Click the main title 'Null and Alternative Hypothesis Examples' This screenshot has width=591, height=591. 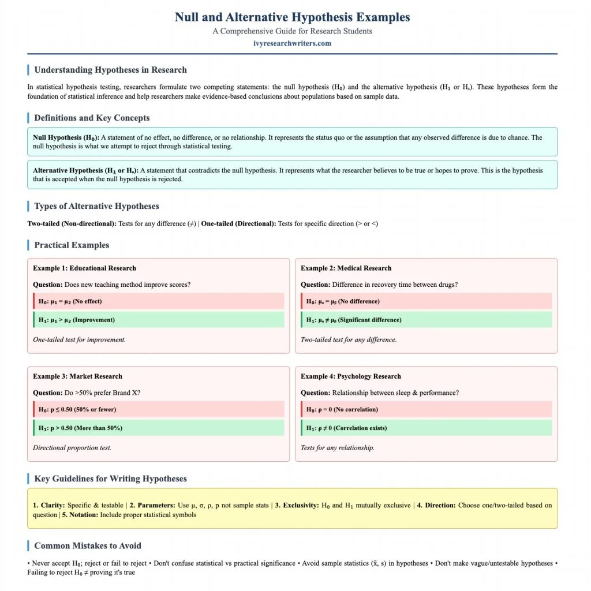pos(292,17)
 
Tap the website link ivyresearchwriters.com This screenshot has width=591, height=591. pos(292,43)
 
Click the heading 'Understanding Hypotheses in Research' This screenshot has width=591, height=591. pos(110,70)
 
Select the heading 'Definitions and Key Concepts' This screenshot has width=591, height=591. pos(92,118)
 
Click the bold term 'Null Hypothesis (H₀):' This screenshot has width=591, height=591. pos(66,137)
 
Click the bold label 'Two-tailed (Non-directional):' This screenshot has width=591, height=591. pos(72,223)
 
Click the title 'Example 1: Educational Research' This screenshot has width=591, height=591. pos(84,268)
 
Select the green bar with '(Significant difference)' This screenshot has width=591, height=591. pos(426,320)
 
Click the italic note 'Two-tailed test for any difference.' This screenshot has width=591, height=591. pos(348,339)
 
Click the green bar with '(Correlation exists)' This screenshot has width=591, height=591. pos(426,428)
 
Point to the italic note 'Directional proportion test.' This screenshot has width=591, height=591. pos(72,448)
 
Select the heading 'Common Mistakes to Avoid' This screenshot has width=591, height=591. pos(87,545)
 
